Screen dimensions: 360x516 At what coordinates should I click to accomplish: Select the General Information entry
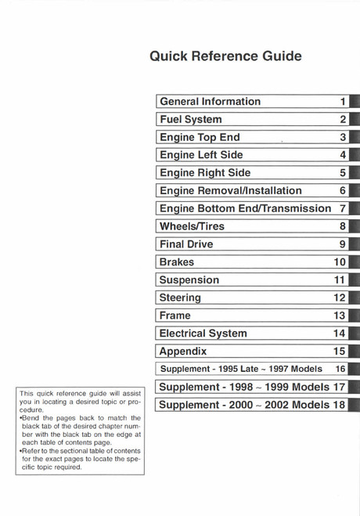[210, 102]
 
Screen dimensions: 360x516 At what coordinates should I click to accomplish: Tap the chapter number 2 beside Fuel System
[343, 120]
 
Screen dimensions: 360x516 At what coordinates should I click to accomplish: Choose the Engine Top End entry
[200, 137]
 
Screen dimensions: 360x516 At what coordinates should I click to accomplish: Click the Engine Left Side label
[201, 155]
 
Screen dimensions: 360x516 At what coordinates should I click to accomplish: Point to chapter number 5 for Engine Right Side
[343, 173]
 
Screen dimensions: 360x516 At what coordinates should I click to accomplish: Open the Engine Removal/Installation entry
[230, 190]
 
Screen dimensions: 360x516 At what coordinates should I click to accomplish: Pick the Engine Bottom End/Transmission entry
[244, 208]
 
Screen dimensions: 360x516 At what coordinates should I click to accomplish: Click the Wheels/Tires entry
[192, 226]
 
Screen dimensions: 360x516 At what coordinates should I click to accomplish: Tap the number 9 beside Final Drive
[343, 244]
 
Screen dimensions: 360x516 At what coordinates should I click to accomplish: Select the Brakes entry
[177, 262]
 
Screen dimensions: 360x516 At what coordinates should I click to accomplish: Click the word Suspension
[189, 280]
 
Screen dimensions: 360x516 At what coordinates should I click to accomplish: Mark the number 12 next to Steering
[339, 298]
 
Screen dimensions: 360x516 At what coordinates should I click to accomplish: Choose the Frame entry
[175, 315]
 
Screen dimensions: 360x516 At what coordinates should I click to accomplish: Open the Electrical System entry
[203, 333]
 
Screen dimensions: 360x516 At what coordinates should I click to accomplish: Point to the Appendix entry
[183, 351]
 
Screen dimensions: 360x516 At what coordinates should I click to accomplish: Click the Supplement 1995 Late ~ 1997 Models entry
[240, 369]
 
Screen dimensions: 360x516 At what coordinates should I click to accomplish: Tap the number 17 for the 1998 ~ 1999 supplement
[338, 387]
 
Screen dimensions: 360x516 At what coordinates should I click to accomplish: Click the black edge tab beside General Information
[355, 102]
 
